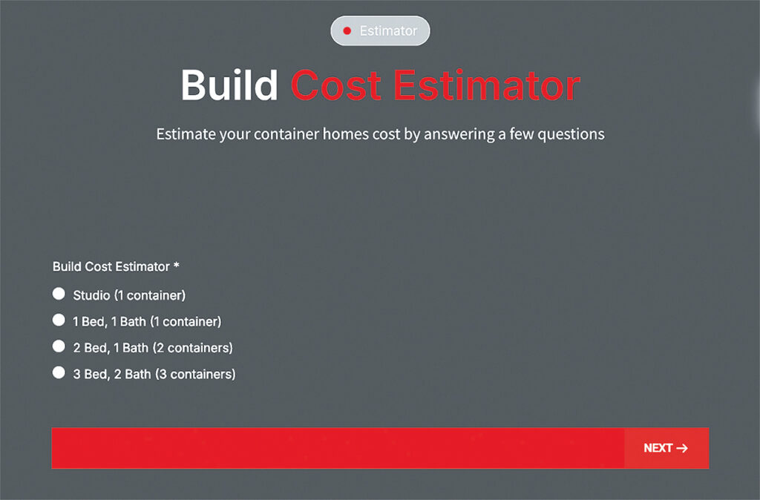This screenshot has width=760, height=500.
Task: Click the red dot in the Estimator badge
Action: pyautogui.click(x=347, y=31)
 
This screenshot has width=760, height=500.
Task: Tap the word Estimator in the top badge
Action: pyautogui.click(x=388, y=31)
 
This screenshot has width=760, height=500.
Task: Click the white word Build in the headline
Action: pyautogui.click(x=229, y=85)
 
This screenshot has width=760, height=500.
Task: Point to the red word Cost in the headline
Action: pyautogui.click(x=335, y=85)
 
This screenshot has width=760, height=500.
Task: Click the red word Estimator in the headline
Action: pyautogui.click(x=487, y=85)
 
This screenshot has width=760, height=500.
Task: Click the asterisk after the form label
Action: pyautogui.click(x=177, y=265)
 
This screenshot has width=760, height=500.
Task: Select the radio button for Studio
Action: pyautogui.click(x=59, y=294)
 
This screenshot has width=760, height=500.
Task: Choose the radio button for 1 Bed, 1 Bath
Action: pyautogui.click(x=59, y=320)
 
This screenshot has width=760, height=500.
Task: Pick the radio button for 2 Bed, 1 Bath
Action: pyautogui.click(x=59, y=346)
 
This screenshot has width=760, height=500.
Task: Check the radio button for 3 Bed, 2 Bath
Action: pyautogui.click(x=59, y=372)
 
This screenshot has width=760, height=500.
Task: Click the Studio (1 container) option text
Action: pyautogui.click(x=129, y=295)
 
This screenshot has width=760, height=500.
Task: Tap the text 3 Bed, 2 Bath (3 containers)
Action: pyautogui.click(x=154, y=374)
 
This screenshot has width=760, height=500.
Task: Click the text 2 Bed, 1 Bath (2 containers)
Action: pyautogui.click(x=153, y=348)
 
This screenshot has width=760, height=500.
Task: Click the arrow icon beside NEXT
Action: pyautogui.click(x=682, y=448)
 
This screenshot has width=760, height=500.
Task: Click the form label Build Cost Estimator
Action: pyautogui.click(x=111, y=266)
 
